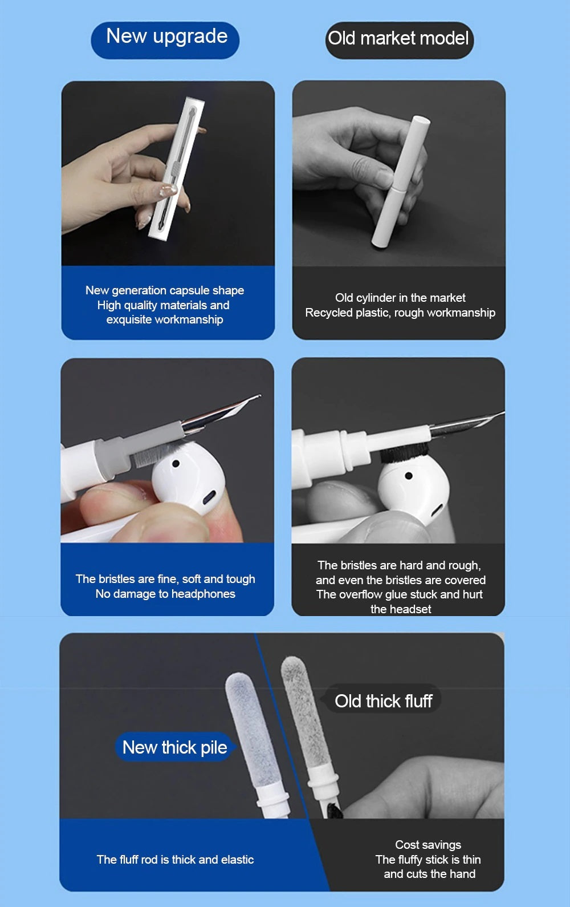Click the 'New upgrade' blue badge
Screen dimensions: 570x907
pyautogui.click(x=165, y=40)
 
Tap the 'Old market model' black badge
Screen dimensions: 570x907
pyautogui.click(x=399, y=40)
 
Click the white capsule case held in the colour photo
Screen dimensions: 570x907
pyautogui.click(x=176, y=168)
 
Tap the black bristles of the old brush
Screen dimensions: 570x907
pyautogui.click(x=404, y=452)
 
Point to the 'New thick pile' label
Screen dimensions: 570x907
pyautogui.click(x=174, y=747)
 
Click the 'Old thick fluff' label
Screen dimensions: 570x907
pyautogui.click(x=383, y=701)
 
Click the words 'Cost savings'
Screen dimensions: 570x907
pyautogui.click(x=428, y=845)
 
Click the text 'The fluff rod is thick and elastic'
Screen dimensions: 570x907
pyautogui.click(x=175, y=859)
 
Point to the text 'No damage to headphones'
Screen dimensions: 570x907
pyautogui.click(x=165, y=594)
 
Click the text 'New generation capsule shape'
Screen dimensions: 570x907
pyautogui.click(x=165, y=290)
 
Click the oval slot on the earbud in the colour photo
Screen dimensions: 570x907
pyautogui.click(x=209, y=497)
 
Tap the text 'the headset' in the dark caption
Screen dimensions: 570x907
pyautogui.click(x=401, y=609)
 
